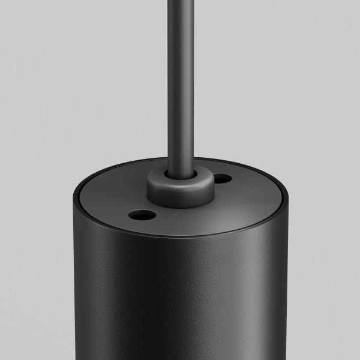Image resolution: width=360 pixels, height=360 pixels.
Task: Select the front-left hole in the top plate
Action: point(143,213)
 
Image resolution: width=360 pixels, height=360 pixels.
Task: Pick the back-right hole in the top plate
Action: point(221,178)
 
